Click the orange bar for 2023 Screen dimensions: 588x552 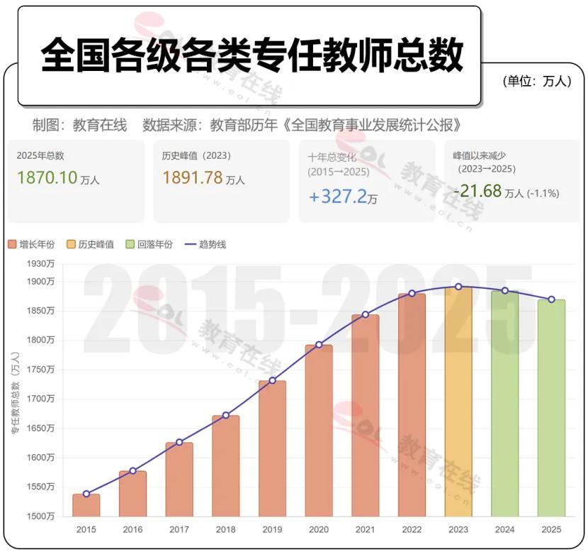[x=458, y=402]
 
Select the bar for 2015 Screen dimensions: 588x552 [x=86, y=505]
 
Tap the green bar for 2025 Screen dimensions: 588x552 [x=551, y=408]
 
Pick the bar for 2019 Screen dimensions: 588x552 [x=272, y=448]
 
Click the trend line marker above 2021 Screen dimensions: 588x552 [x=366, y=314]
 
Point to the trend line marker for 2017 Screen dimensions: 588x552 [x=179, y=442]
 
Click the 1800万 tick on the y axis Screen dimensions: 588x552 [x=40, y=340]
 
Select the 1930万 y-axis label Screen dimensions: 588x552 [x=40, y=264]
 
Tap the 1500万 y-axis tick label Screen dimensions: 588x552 [x=40, y=517]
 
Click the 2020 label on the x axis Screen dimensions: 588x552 [x=319, y=529]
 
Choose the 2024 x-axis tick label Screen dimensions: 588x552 [x=504, y=529]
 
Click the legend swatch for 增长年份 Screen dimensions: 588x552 [x=12, y=245]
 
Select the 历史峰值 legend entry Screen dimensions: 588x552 [x=90, y=245]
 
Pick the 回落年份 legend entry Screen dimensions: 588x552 [x=149, y=245]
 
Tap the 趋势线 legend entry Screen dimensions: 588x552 [x=205, y=245]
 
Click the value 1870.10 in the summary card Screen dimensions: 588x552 [x=47, y=177]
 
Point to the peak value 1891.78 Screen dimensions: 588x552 [x=193, y=177]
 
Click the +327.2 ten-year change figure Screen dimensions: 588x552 [x=337, y=196]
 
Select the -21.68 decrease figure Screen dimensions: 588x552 [x=477, y=191]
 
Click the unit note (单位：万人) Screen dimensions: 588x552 [x=537, y=81]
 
